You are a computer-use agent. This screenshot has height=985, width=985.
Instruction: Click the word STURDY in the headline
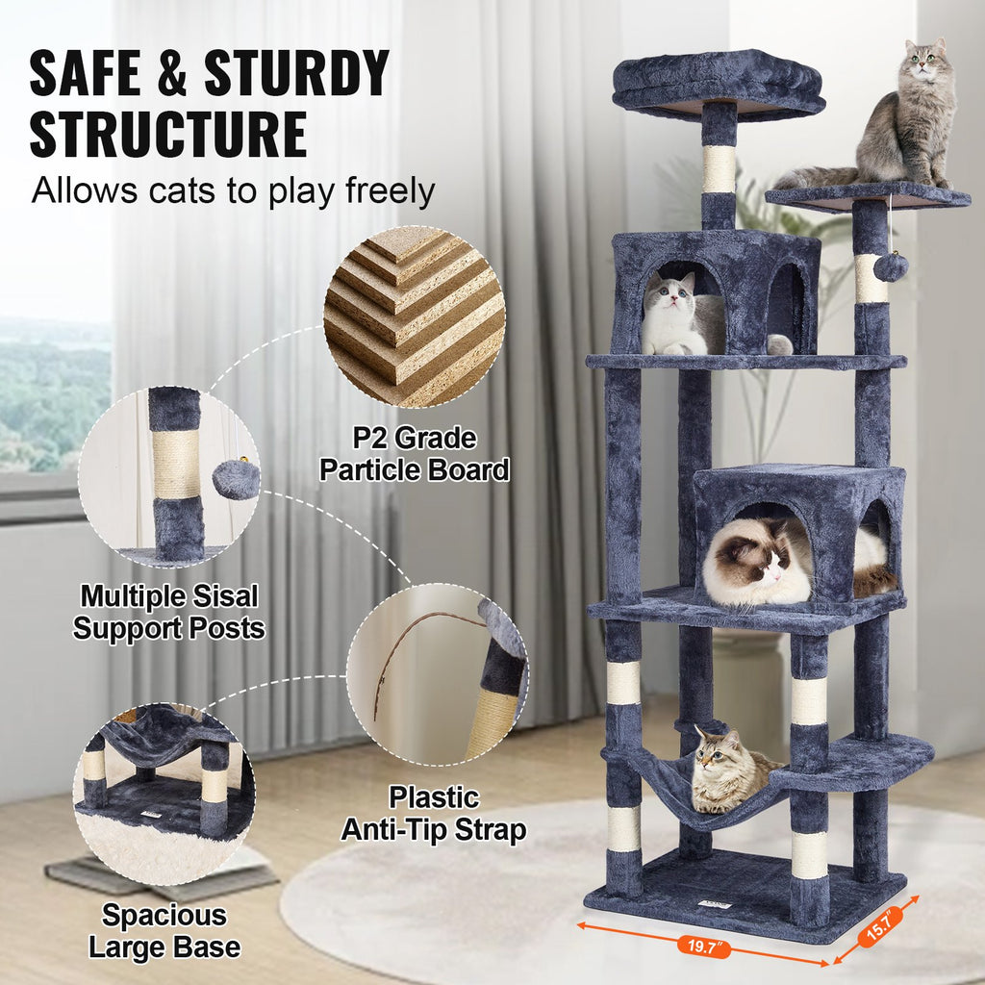(x=297, y=73)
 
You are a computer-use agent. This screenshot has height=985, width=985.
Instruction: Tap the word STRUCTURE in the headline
(x=168, y=135)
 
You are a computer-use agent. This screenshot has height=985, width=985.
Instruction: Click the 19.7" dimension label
(x=703, y=947)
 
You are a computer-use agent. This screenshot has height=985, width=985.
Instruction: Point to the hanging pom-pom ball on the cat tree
(x=891, y=267)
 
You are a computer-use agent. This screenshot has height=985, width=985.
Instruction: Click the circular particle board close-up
(x=415, y=316)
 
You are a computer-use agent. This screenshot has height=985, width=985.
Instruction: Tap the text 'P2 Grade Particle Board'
(x=414, y=455)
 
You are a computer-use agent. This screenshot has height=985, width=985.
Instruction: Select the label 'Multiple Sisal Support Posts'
(x=168, y=613)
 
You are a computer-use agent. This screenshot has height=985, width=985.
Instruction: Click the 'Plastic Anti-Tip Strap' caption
(x=434, y=814)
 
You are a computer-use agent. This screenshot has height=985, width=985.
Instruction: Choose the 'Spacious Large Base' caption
(x=164, y=931)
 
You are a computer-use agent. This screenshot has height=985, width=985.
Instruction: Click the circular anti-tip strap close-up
(x=438, y=675)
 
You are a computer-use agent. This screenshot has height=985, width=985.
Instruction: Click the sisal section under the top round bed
(x=720, y=169)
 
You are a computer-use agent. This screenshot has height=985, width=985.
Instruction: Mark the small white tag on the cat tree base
(x=715, y=905)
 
